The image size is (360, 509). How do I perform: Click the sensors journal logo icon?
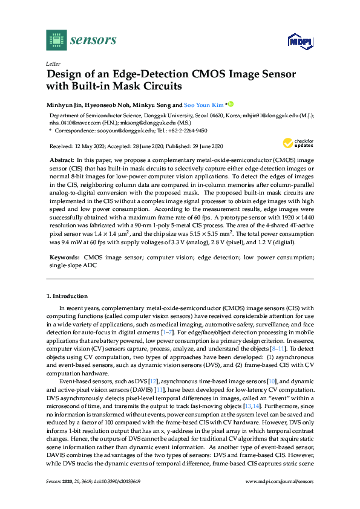pos(56,40)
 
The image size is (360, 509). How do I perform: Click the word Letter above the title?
pos(53,63)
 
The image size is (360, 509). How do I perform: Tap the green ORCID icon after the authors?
pos(231,103)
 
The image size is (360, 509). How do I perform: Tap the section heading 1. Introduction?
pos(67,296)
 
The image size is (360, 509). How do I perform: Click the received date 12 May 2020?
pos(88,146)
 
